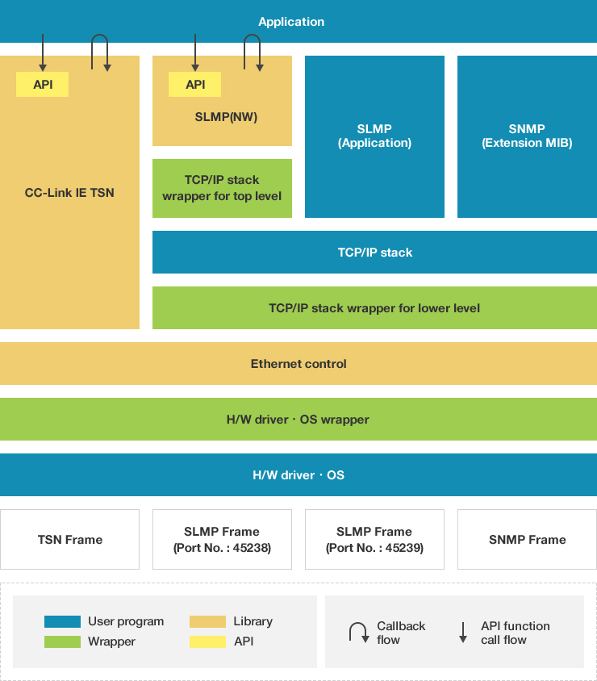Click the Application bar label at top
[x=291, y=22]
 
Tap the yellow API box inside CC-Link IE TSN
[x=43, y=84]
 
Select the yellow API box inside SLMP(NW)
[x=194, y=84]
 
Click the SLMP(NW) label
[x=226, y=117]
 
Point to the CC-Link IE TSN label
[x=69, y=193]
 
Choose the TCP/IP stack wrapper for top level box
[x=222, y=188]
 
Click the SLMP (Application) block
[x=374, y=136]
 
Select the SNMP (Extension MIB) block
[x=527, y=136]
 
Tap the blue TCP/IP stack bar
[x=374, y=253]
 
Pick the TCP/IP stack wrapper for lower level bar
[x=374, y=308]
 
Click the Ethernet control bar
[x=298, y=364]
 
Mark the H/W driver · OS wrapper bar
[x=298, y=420]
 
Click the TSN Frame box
[x=69, y=540]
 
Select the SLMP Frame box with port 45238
[x=222, y=540]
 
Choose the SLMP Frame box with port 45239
[x=374, y=540]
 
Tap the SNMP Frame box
[x=527, y=540]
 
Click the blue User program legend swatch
[x=62, y=621]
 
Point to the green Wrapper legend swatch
[x=62, y=642]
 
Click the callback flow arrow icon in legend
[x=358, y=633]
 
